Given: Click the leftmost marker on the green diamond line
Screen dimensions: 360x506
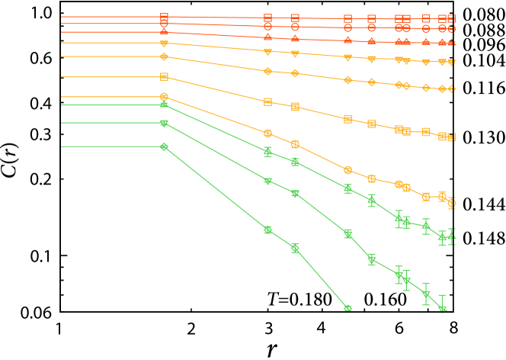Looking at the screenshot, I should pos(164,146).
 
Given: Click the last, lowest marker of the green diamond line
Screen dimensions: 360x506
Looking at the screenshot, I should pos(348,308).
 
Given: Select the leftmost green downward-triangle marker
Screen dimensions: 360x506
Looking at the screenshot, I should pos(164,123).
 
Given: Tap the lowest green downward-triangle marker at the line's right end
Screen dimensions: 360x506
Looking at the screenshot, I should pos(443,309).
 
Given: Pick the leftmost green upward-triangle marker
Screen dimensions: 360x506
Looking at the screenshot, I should pos(164,104).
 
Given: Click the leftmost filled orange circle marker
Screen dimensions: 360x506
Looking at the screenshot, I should pos(164,97).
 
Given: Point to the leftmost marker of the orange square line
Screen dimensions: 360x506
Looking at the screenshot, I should pos(164,77).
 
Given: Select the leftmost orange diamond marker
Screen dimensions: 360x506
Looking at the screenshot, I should pos(164,56).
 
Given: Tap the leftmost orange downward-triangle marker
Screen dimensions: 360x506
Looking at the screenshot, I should pos(164,43).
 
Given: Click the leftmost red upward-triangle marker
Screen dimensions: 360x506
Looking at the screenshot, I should pos(164,32).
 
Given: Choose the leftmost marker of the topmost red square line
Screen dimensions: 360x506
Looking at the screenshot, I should pos(164,17).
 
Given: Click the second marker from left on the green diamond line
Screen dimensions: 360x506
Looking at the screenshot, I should pos(267,230).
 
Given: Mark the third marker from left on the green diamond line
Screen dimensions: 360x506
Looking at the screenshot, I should pos(295,248).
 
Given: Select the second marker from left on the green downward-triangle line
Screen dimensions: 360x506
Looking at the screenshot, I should pos(267,181).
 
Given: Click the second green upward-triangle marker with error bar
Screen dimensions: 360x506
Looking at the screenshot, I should pos(267,152).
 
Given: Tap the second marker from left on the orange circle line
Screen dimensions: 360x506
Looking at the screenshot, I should pos(267,133).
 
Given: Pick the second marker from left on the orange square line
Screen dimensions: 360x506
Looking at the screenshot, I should pos(267,101).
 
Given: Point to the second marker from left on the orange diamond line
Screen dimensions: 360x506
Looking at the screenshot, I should pos(267,71).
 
